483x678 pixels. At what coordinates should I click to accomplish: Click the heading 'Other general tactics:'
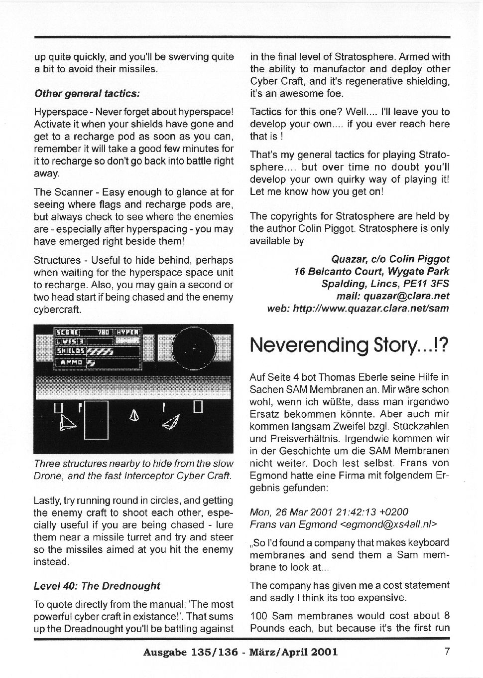tap(87, 93)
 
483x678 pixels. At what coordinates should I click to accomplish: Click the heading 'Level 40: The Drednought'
tap(97, 586)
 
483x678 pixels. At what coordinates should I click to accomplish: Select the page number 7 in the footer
tap(447, 651)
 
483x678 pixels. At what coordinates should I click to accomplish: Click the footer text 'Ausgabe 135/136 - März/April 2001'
tap(240, 652)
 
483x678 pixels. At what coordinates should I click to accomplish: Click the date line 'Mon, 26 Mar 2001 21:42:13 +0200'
tap(329, 512)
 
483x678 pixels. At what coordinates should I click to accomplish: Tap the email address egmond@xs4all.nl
tap(388, 524)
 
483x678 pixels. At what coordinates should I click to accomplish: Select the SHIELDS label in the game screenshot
tap(70, 351)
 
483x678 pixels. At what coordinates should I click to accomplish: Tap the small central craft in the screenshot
tap(133, 415)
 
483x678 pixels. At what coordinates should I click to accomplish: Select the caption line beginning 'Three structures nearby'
tap(133, 464)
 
